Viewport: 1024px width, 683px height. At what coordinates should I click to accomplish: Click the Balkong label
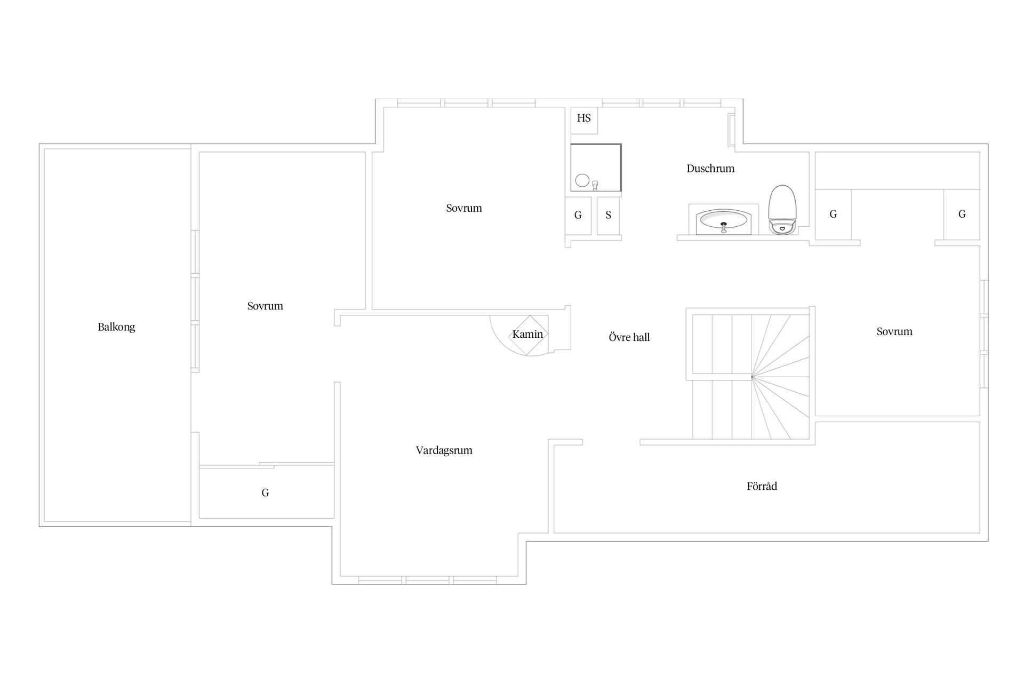116,327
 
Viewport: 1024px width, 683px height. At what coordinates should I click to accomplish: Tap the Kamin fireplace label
527,335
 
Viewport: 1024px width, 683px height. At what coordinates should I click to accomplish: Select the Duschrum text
710,169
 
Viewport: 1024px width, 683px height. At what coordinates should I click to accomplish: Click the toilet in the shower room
782,209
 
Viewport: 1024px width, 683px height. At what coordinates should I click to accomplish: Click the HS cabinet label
584,118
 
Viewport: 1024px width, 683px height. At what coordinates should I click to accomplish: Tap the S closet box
609,216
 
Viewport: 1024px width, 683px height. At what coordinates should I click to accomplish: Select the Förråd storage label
762,486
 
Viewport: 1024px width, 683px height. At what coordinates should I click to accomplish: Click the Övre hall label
629,337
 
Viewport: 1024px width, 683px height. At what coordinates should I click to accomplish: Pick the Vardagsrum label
444,450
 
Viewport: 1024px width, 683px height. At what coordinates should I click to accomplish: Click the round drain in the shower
582,180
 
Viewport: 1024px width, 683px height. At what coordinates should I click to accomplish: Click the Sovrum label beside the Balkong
265,306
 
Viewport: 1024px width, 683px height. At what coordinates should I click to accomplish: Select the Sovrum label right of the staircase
894,331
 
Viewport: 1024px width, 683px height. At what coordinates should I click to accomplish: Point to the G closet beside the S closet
579,216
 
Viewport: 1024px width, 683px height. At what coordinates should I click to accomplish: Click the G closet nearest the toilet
833,215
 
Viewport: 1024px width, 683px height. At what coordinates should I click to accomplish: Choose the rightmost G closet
962,215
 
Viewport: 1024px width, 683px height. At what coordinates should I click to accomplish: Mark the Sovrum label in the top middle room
464,208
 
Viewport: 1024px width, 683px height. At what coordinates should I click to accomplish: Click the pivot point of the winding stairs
752,377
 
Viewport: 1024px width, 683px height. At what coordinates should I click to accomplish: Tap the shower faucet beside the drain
595,185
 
